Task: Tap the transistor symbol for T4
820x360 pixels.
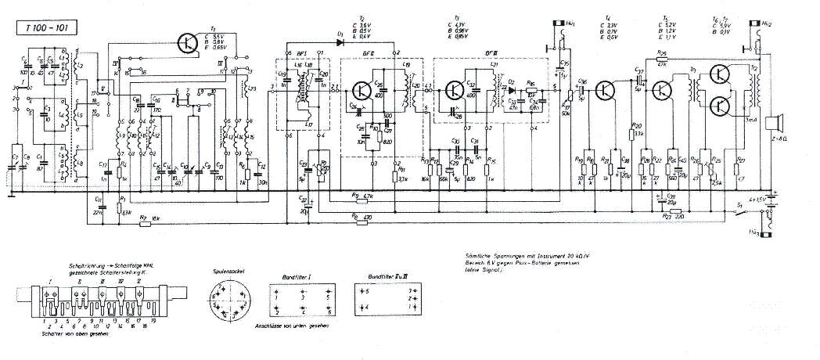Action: click(x=606, y=91)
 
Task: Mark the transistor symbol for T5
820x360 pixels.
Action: click(x=662, y=91)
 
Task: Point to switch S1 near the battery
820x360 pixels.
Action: click(x=739, y=213)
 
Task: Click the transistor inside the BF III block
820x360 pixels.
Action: click(x=455, y=91)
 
